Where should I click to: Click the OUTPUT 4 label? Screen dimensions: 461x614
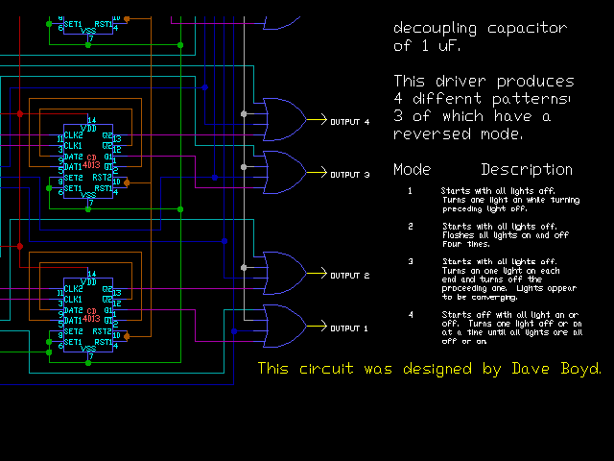(349, 122)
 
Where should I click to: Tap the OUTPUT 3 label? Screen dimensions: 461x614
(349, 175)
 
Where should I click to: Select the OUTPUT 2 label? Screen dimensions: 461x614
(349, 276)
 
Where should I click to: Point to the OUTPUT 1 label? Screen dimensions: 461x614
(349, 328)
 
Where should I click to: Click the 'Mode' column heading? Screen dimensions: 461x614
(412, 170)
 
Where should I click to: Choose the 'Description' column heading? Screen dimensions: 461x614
(527, 170)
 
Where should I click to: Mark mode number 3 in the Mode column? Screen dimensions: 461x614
(410, 261)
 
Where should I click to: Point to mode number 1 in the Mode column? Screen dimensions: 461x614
(410, 190)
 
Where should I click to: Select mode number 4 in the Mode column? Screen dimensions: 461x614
(410, 314)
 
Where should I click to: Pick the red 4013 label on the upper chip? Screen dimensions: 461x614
(92, 164)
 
